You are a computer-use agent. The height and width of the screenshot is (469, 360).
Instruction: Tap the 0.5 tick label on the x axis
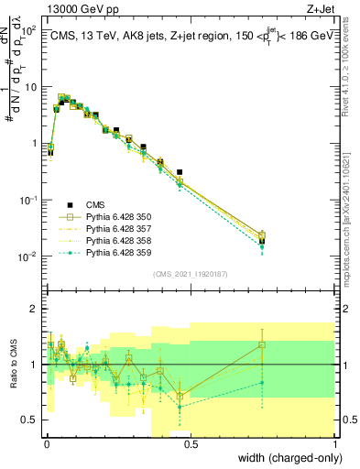[x=191, y=445]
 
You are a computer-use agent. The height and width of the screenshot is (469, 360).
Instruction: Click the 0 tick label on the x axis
[x=46, y=445]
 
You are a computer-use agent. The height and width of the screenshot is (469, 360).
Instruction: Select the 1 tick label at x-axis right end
[x=335, y=445]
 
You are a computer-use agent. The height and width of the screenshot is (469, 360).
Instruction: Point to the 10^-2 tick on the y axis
[x=30, y=256]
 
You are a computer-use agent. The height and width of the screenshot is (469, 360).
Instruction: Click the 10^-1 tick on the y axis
[x=30, y=200]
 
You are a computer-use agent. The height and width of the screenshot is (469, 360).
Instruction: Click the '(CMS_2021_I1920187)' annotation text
[x=190, y=273]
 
